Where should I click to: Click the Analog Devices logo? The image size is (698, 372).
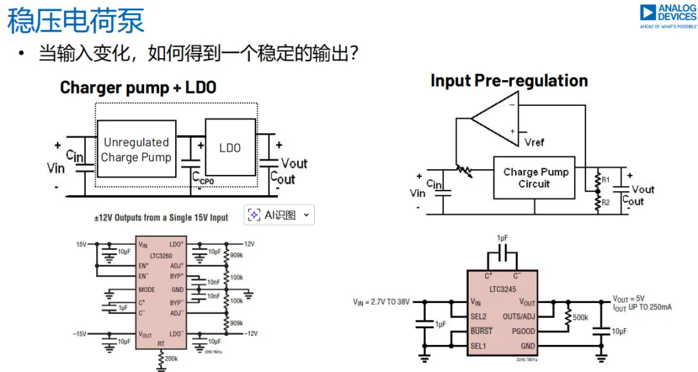668,16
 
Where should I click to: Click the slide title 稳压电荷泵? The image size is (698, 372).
76,21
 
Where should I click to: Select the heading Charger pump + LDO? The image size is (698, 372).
138,87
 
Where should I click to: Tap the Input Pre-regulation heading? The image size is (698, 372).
509,81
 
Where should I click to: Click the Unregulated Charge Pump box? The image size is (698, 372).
136,149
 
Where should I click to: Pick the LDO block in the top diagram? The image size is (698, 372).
230,148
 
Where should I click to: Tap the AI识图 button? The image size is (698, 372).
279,215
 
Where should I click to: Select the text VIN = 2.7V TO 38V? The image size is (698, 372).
381,302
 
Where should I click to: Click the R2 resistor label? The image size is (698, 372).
606,202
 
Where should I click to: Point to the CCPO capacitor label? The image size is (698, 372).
204,181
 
